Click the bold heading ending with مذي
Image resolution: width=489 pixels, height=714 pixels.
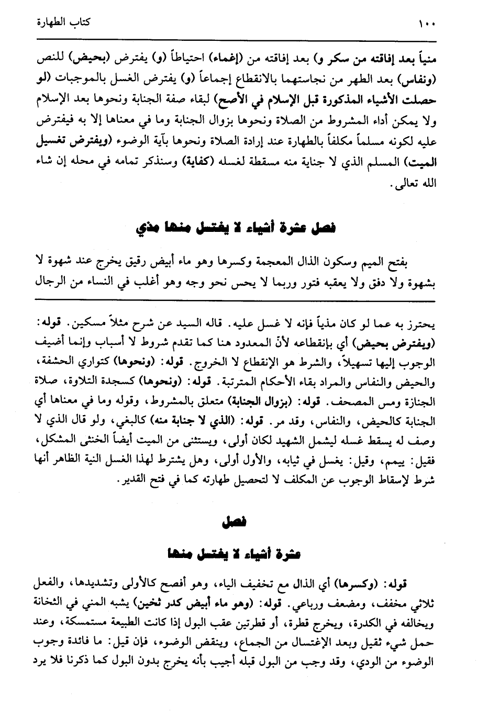coord(235,229)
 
